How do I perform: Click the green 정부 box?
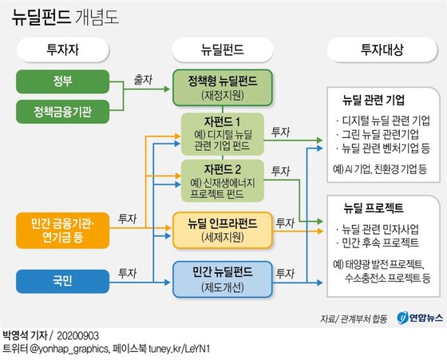click(63, 81)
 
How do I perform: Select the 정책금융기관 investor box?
click(63, 112)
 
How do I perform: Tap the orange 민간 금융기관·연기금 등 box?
click(63, 231)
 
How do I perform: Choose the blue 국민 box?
click(63, 281)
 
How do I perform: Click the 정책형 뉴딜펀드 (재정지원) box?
click(223, 88)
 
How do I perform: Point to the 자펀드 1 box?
click(223, 134)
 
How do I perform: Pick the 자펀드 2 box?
click(223, 180)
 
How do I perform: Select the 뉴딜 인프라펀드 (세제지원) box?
click(223, 230)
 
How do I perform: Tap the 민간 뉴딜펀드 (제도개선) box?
click(223, 279)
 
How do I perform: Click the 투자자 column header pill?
click(63, 49)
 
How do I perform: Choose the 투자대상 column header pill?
click(382, 49)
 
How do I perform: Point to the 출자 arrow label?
click(143, 80)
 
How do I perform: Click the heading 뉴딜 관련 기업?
click(374, 100)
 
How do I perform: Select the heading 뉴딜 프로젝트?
click(374, 208)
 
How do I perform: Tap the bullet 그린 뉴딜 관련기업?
click(378, 134)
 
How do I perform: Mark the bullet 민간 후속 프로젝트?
click(378, 243)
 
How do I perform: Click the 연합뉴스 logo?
click(420, 318)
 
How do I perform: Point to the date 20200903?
click(78, 336)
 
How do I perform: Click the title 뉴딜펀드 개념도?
click(65, 18)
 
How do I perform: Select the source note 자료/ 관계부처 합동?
click(354, 318)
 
